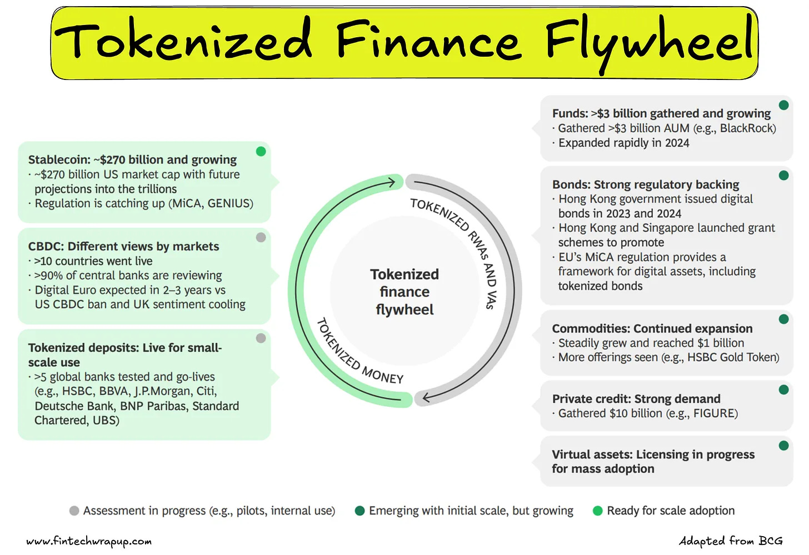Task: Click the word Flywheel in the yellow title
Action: [649, 42]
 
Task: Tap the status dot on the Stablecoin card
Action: [261, 152]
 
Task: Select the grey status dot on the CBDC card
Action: [261, 238]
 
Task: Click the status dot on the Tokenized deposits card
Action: [261, 338]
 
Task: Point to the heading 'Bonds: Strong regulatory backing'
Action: [645, 184]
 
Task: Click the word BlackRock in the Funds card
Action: [746, 128]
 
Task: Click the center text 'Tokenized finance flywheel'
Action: [404, 292]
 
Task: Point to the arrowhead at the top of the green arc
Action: [392, 182]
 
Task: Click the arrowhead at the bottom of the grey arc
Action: [426, 398]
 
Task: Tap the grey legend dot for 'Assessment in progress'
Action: [74, 511]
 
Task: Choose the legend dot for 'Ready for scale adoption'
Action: [598, 511]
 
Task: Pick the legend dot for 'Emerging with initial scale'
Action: [359, 511]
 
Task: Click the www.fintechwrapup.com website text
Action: [89, 541]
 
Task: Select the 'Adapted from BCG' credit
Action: [730, 541]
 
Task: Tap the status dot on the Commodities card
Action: [784, 319]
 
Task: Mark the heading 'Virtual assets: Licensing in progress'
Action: [653, 454]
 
